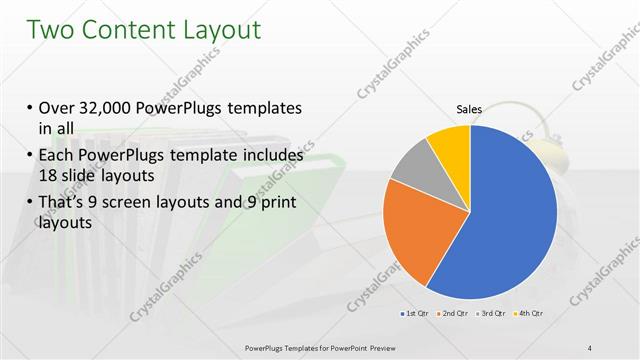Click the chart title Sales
[469, 108]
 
